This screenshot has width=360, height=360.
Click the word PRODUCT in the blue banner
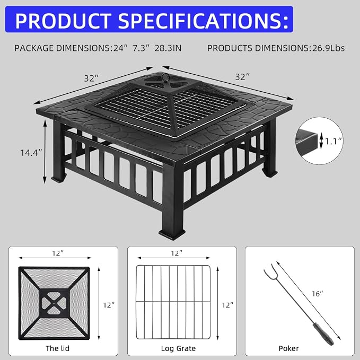(x=63, y=21)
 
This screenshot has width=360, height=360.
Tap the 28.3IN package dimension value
(x=168, y=48)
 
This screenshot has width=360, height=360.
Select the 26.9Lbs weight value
(x=328, y=48)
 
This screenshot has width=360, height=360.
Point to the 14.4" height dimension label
(x=31, y=153)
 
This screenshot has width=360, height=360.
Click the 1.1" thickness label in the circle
(x=333, y=141)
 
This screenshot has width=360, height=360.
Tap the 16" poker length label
(x=317, y=293)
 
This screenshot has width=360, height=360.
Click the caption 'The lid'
(x=57, y=348)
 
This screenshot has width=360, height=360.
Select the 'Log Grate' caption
(x=178, y=348)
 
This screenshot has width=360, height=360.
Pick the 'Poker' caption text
(x=288, y=348)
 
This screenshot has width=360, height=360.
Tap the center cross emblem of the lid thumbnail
(x=54, y=303)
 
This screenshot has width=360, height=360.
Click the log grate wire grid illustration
(x=173, y=302)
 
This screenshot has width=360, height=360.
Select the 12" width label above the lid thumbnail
(x=57, y=253)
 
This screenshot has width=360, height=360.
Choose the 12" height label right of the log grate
(x=227, y=305)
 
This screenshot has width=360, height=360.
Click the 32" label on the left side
(x=91, y=78)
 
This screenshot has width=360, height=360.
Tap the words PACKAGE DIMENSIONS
(x=63, y=48)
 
